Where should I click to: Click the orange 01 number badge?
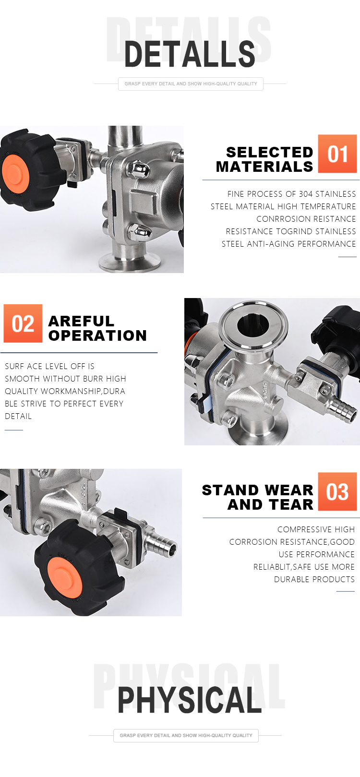[x=337, y=154]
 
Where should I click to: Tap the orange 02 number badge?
[x=23, y=323]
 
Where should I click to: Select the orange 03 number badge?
[x=337, y=491]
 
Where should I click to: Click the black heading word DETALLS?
[x=190, y=54]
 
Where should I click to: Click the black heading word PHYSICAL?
[x=190, y=700]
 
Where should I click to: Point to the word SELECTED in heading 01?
[x=269, y=152]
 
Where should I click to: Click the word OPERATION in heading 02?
[x=97, y=335]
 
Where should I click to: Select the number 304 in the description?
[x=305, y=194]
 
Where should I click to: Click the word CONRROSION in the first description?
[x=280, y=219]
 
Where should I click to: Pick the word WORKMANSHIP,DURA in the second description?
[x=83, y=391]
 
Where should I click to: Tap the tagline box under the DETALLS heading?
[x=191, y=84]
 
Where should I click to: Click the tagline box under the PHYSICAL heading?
[x=186, y=735]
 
